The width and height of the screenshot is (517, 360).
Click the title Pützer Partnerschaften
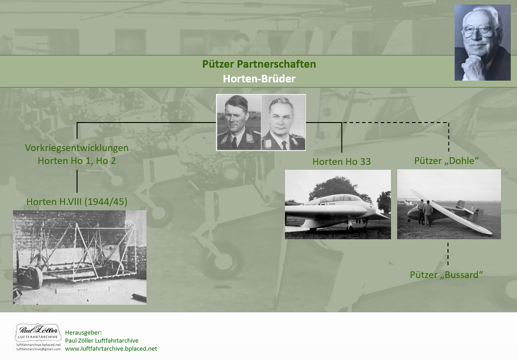pyautogui.click(x=259, y=64)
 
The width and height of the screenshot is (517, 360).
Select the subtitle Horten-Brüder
pyautogui.click(x=259, y=79)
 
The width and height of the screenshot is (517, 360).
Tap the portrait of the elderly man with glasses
pyautogui.click(x=482, y=43)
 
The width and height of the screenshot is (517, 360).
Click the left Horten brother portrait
pyautogui.click(x=239, y=123)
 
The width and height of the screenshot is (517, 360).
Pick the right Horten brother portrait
pyautogui.click(x=283, y=123)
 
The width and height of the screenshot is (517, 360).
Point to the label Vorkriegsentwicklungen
pyautogui.click(x=77, y=148)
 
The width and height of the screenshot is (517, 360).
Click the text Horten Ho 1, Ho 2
pyautogui.click(x=77, y=161)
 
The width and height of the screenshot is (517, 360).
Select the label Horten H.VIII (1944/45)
pyautogui.click(x=77, y=202)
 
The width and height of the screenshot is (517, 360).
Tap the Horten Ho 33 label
pyautogui.click(x=342, y=162)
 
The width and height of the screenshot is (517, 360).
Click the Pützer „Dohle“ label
pyautogui.click(x=447, y=161)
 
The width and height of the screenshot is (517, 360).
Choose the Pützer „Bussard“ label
pyautogui.click(x=447, y=275)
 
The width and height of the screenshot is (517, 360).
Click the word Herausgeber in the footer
pyautogui.click(x=83, y=333)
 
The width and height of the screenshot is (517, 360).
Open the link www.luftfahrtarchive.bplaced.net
pyautogui.click(x=111, y=349)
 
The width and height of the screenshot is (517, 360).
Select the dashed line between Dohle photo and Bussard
pyautogui.click(x=448, y=254)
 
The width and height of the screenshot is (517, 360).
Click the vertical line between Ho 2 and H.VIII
pyautogui.click(x=77, y=181)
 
